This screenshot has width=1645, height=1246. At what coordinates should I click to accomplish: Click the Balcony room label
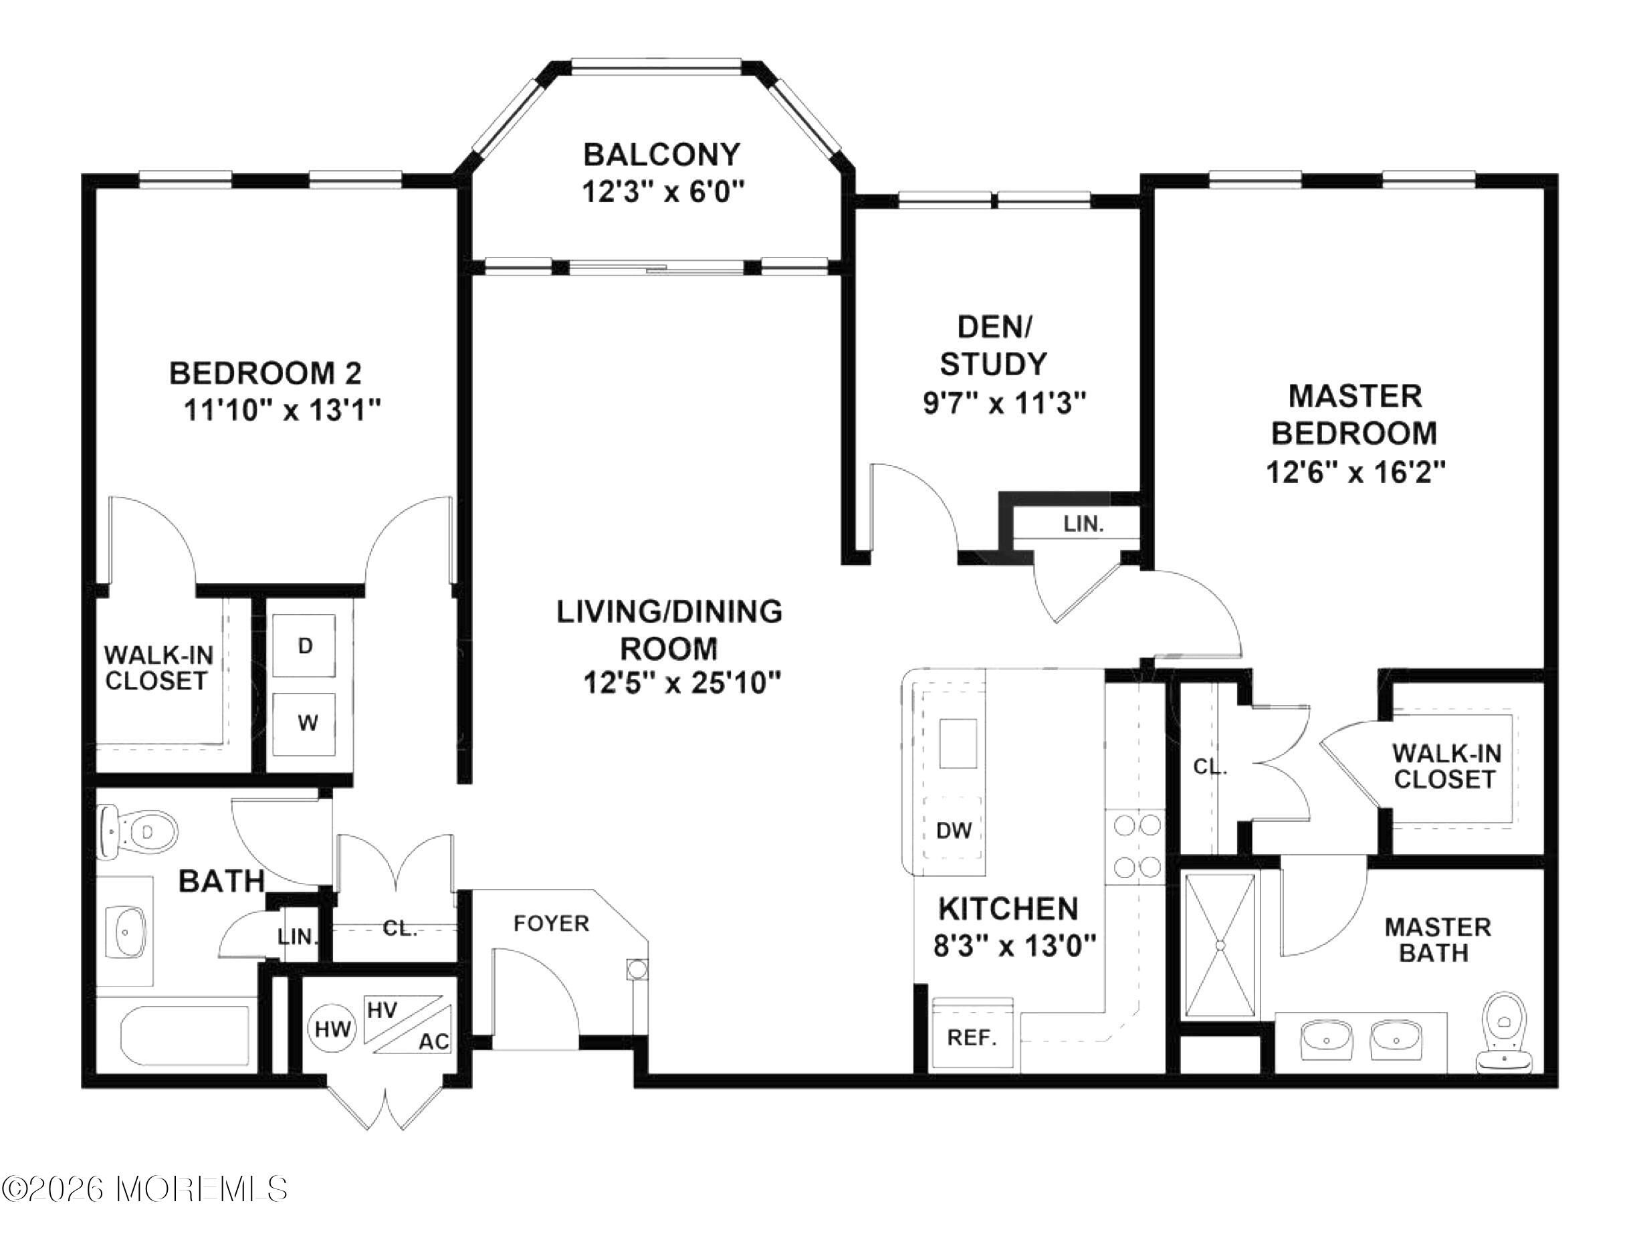point(662,154)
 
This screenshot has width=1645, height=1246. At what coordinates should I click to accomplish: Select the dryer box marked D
point(305,645)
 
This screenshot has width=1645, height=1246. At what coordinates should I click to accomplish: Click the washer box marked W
point(305,723)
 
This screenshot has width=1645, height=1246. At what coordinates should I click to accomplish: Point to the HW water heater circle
point(332,1029)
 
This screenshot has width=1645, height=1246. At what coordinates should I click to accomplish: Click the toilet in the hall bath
point(138,831)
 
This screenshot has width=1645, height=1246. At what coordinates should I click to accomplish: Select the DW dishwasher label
point(954,830)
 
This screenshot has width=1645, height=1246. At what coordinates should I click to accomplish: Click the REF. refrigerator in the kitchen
point(973,1035)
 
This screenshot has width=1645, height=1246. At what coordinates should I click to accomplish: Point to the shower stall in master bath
point(1220,945)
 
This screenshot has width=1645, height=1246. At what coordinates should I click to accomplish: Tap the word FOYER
point(551,923)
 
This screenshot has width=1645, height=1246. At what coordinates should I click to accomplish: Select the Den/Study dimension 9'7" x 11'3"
point(1004,403)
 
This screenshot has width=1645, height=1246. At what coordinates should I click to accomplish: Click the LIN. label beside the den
point(1083,524)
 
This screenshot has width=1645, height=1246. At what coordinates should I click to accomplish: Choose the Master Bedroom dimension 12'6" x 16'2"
point(1355,472)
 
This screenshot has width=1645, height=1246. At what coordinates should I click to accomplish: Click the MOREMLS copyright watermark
point(145,1188)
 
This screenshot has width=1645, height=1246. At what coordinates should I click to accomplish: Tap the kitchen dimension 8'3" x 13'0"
point(1014,946)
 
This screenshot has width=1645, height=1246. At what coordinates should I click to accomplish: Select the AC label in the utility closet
point(433,1041)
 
